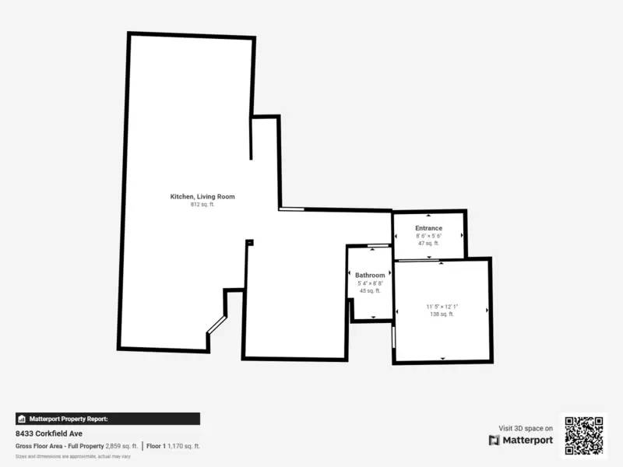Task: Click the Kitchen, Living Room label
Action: [202, 197]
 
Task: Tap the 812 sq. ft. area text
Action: [202, 205]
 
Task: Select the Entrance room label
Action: [428, 228]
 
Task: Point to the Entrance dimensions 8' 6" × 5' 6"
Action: [428, 236]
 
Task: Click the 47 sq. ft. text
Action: [428, 244]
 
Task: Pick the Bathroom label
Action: [370, 276]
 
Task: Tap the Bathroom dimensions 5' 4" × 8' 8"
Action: [370, 283]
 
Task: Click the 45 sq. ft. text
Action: [370, 290]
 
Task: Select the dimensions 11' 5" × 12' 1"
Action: [442, 307]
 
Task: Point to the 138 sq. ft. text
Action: [442, 314]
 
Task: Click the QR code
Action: [583, 436]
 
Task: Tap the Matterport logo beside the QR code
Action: [521, 440]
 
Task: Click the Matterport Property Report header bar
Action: [107, 419]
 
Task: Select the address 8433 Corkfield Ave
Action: [49, 434]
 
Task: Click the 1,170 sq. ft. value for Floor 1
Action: [185, 446]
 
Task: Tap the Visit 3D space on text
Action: [526, 428]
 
